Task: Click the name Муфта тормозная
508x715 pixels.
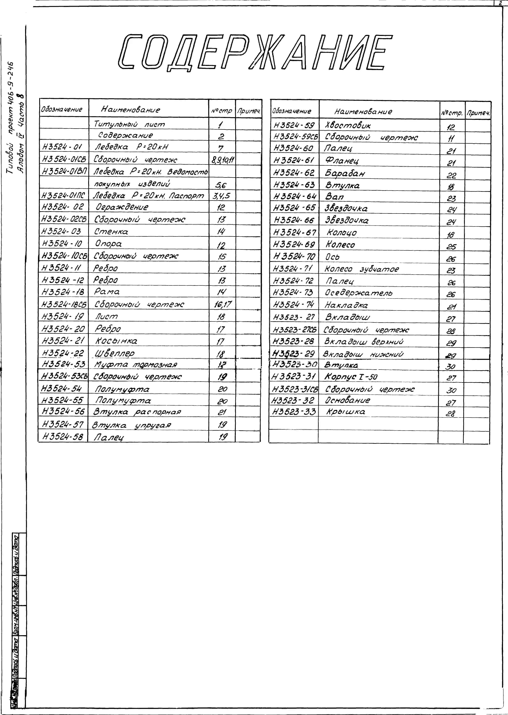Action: click(x=136, y=365)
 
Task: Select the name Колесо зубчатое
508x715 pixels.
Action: click(x=362, y=269)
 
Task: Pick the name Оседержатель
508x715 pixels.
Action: click(x=358, y=293)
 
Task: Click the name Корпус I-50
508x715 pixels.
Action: click(x=351, y=377)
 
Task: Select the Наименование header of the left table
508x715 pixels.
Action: click(x=130, y=110)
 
